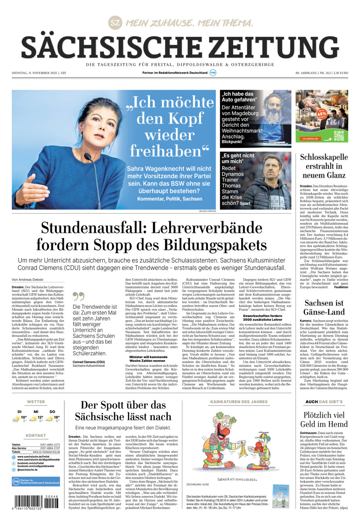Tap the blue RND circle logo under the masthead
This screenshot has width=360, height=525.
click(213, 73)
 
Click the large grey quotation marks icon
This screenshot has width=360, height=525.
click(79, 297)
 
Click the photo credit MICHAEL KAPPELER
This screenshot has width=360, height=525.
click(207, 211)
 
